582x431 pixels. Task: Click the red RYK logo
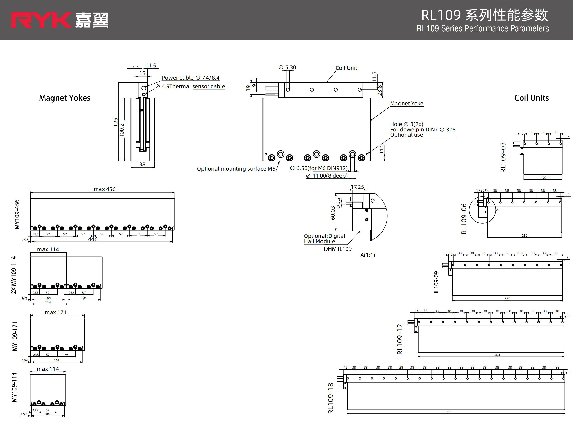pyautogui.click(x=41, y=20)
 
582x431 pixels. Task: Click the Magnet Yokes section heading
pyautogui.click(x=65, y=98)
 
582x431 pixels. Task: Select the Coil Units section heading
pyautogui.click(x=531, y=98)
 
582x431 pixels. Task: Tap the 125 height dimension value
pyautogui.click(x=116, y=122)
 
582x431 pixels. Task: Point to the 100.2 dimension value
pyautogui.click(x=122, y=130)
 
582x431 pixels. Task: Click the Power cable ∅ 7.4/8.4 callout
pyautogui.click(x=190, y=78)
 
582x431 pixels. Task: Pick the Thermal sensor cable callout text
pyautogui.click(x=190, y=86)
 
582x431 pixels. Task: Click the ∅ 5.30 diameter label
pyautogui.click(x=287, y=67)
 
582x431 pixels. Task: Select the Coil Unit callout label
pyautogui.click(x=346, y=68)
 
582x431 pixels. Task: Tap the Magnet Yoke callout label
pyautogui.click(x=406, y=104)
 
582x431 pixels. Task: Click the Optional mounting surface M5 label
pyautogui.click(x=236, y=169)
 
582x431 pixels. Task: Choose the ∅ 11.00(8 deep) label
pyautogui.click(x=327, y=176)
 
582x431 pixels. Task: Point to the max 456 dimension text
pyautogui.click(x=104, y=189)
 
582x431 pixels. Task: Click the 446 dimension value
pyautogui.click(x=93, y=239)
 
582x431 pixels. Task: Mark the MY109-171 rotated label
pyautogui.click(x=15, y=336)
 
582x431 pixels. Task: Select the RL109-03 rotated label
pyautogui.click(x=503, y=157)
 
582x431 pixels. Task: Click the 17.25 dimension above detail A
pyautogui.click(x=357, y=187)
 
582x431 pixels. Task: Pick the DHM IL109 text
pyautogui.click(x=338, y=249)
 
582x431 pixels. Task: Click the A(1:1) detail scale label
pyautogui.click(x=368, y=255)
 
